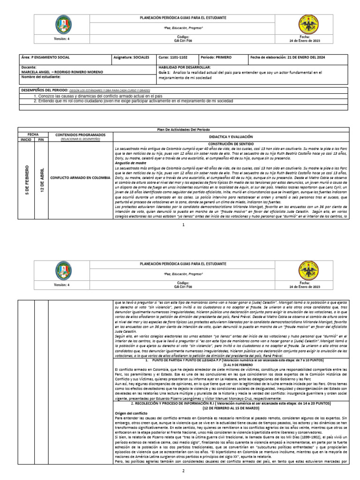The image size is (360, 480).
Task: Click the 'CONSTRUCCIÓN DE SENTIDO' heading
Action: (x=231, y=144)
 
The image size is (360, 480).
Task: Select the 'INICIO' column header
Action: (x=26, y=139)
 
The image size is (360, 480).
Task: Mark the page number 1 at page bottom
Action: (x=183, y=225)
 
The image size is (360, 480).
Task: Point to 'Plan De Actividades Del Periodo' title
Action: (x=183, y=129)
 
